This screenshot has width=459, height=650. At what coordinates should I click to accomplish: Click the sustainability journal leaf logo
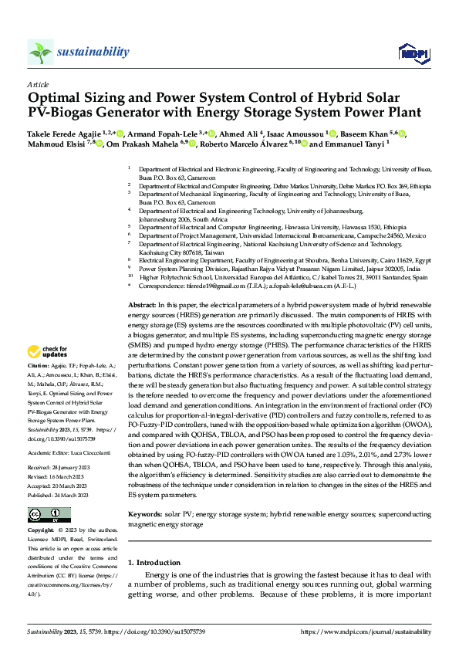pos(40,52)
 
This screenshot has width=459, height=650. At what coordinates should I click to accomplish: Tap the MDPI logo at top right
pos(412,52)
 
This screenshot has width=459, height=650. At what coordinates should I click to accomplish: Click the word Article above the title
pos(37,84)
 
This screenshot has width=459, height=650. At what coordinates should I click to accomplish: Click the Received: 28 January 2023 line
pos(59,468)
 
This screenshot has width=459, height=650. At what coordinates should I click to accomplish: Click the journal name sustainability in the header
pos(93,52)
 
